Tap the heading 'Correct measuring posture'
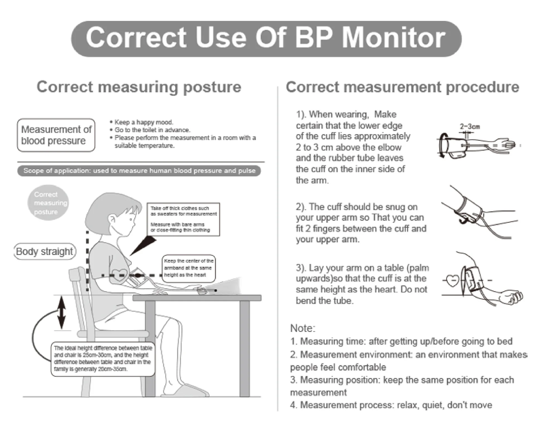[x=139, y=87]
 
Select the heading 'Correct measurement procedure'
[x=402, y=87]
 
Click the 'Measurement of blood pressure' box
[x=56, y=135]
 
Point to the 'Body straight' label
[x=45, y=251]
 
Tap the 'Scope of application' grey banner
[x=139, y=171]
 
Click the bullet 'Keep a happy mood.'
[x=144, y=122]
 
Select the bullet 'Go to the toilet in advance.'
[x=152, y=130]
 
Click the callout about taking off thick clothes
[x=183, y=219]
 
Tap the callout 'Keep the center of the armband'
[x=189, y=268]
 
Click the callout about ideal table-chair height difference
[x=103, y=359]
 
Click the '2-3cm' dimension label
[x=470, y=127]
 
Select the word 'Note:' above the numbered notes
[x=303, y=328]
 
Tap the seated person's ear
[x=112, y=220]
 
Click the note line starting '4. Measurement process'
[x=391, y=405]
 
